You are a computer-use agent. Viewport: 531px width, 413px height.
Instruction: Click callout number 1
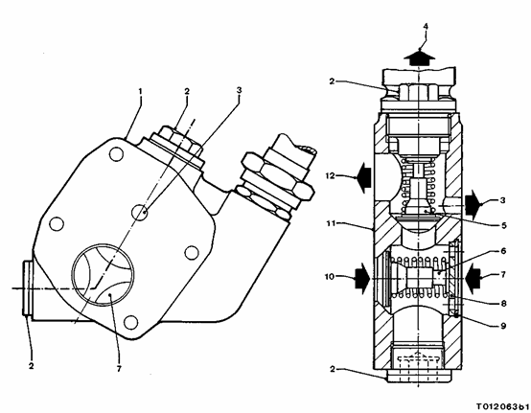coord(140,91)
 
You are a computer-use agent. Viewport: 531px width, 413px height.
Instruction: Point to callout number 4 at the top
coord(426,27)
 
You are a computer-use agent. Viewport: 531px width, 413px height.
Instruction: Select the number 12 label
coord(330,176)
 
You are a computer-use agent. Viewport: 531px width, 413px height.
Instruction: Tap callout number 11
coord(331,223)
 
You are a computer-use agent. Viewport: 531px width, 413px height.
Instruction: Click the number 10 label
coord(330,277)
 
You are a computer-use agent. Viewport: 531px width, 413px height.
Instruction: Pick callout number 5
coord(503,225)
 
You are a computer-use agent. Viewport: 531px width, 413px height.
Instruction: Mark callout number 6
coord(503,251)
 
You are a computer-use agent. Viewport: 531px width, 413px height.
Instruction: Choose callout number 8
coord(503,304)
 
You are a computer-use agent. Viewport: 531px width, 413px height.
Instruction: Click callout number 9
coord(503,326)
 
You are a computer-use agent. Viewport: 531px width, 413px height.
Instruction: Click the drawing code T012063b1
coord(503,406)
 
